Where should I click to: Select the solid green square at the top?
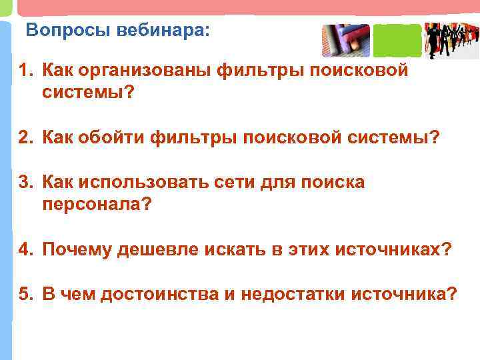pyautogui.click(x=397, y=40)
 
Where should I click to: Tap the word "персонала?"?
pyautogui.click(x=97, y=205)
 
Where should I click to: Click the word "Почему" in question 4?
pyautogui.click(x=77, y=249)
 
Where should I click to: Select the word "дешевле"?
pyautogui.click(x=159, y=249)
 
